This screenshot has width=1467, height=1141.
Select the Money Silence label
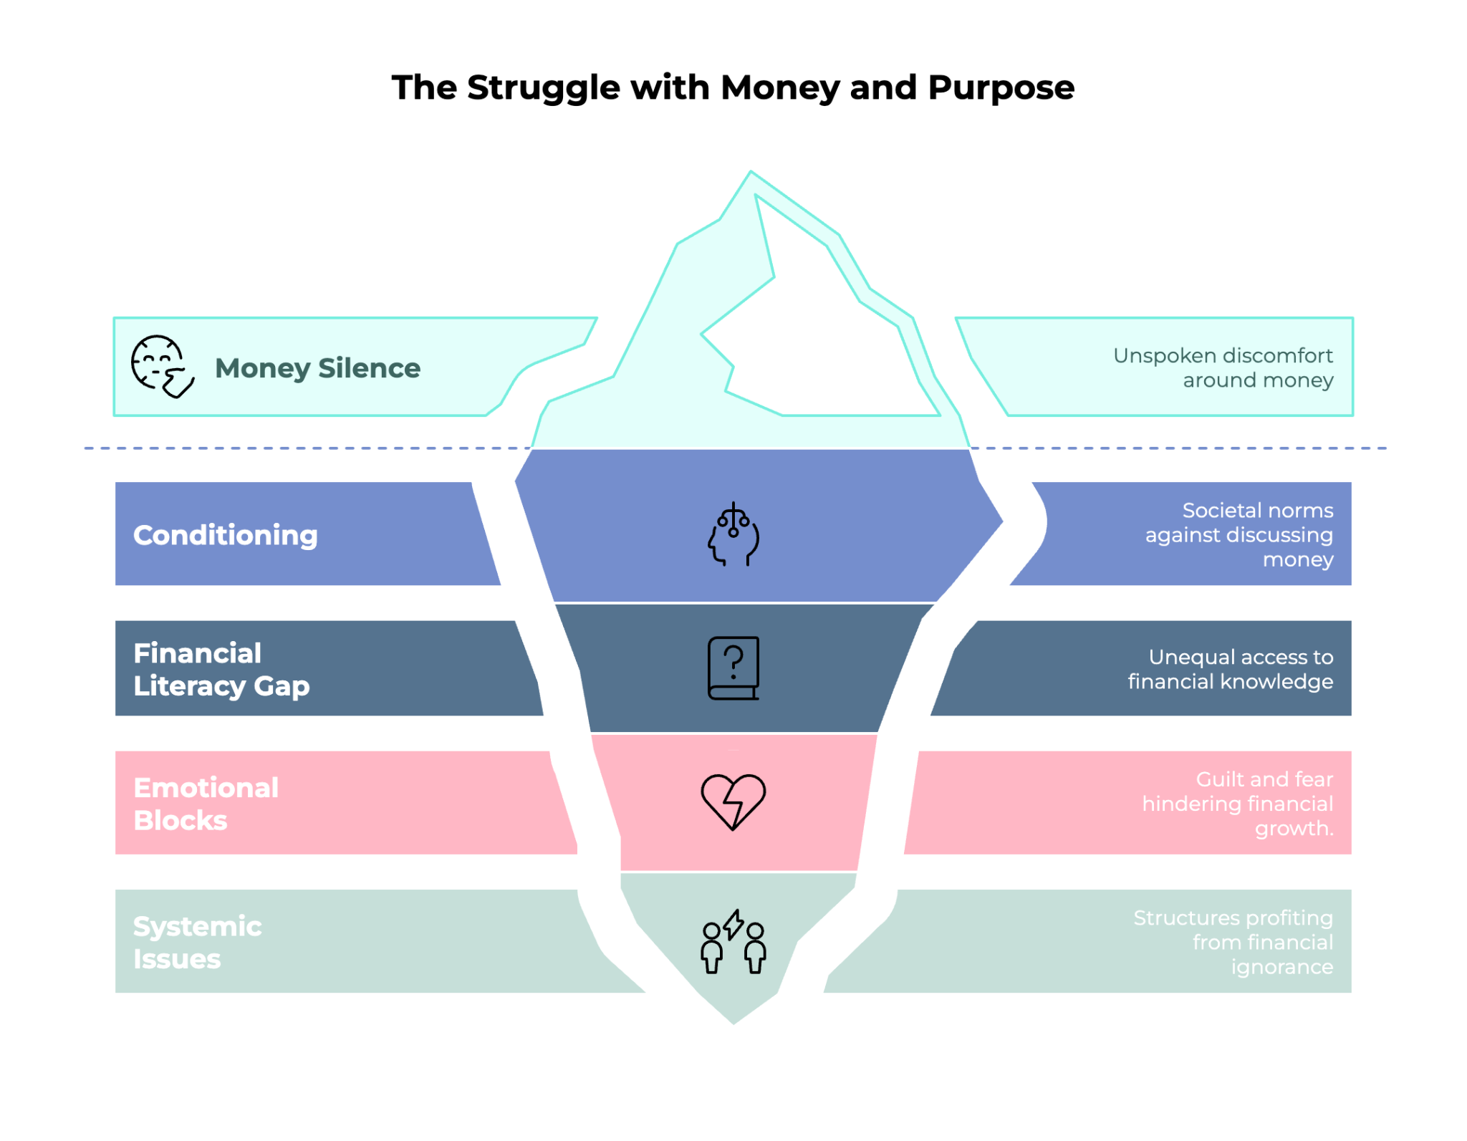click(x=317, y=368)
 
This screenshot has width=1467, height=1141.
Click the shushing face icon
click(x=162, y=366)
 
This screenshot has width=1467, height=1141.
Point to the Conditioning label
click(x=225, y=535)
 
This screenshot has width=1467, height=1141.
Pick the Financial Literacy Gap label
click(x=221, y=669)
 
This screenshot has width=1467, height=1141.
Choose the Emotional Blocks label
click(x=206, y=804)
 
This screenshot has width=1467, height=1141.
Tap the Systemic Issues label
click(x=197, y=942)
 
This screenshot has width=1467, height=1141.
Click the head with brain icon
click(x=733, y=534)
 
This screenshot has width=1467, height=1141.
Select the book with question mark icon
click(x=733, y=668)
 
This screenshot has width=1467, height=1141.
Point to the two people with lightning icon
click(x=733, y=942)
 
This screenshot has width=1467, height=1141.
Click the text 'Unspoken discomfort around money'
click(x=1223, y=367)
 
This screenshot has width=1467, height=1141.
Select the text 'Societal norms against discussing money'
click(x=1239, y=534)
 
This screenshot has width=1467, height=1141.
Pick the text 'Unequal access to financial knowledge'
click(x=1231, y=669)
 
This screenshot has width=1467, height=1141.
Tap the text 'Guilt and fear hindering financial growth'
click(x=1238, y=803)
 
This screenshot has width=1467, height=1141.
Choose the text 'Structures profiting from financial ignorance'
click(x=1233, y=942)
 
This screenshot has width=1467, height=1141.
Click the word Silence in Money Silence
click(x=369, y=368)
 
